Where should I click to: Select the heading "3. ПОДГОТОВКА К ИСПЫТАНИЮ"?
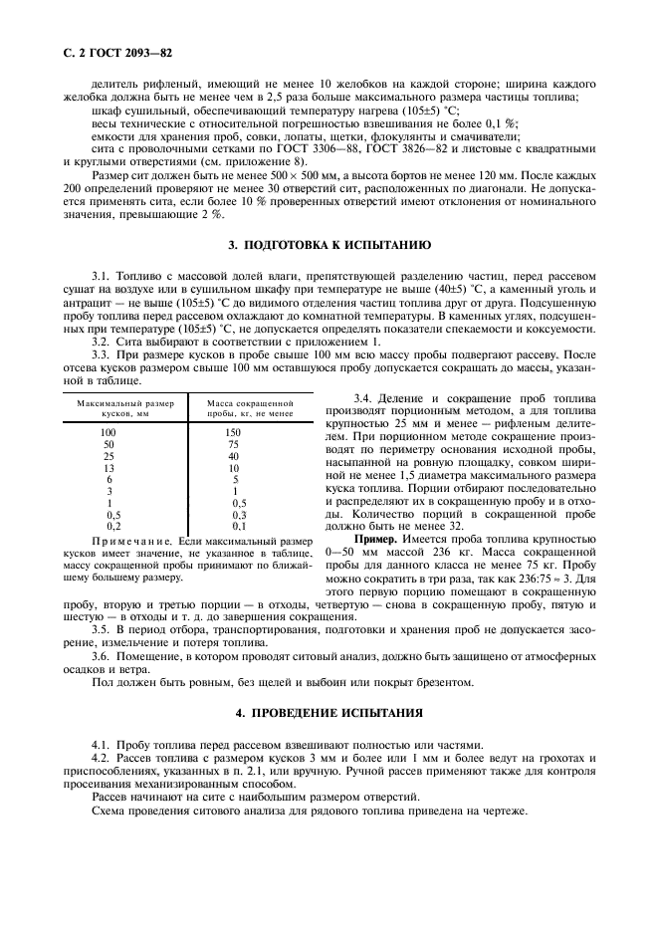coord(329,244)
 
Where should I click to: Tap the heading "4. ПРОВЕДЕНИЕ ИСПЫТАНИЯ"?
coord(329,714)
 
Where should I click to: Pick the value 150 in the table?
coord(234,433)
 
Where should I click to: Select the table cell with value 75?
coord(234,445)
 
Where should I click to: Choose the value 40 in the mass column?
coord(234,456)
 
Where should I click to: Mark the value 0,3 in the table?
coord(234,514)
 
